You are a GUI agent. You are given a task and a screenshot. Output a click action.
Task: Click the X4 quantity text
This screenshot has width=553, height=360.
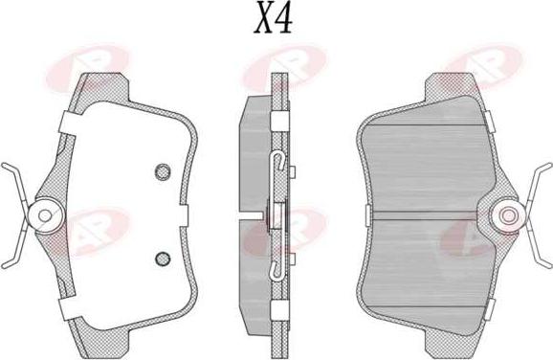pos(274,17)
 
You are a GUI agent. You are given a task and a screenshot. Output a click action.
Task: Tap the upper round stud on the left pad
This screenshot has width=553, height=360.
pos(163,172)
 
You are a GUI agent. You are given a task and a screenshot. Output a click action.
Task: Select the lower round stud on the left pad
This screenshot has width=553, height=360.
pos(163,259)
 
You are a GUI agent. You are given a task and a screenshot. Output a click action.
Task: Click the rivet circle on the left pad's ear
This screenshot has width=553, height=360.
pos(45,215)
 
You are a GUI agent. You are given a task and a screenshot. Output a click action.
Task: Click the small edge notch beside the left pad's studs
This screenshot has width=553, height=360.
pos(184,214)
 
